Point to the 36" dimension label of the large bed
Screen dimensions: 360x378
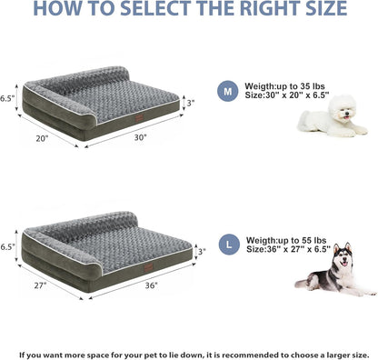[x=151, y=285]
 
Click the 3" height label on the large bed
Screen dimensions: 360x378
[x=202, y=251]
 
